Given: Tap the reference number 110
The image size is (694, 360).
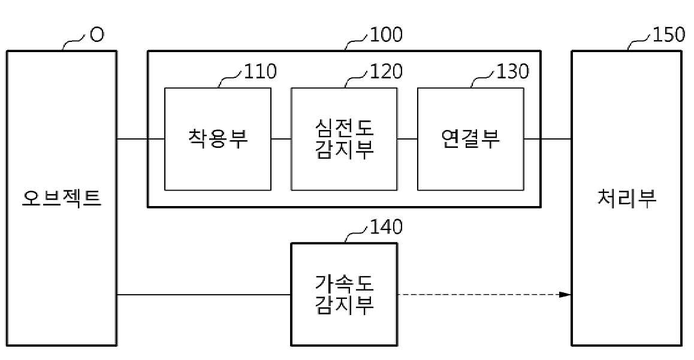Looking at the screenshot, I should coord(261,72).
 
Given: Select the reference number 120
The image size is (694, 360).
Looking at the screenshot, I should coord(387,72).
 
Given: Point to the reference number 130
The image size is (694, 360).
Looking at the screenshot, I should coord(513,72).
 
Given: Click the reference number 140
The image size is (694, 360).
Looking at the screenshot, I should coord(387,227).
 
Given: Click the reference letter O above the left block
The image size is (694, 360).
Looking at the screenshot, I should coord(96,35).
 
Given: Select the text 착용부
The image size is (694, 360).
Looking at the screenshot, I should coord(218,139).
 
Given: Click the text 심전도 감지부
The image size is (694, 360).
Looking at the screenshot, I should coord(344,139).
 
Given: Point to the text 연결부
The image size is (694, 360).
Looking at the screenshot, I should coord(470,139).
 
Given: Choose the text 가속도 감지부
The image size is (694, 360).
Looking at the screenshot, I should coord(344,294).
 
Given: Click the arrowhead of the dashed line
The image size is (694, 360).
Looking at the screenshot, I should coord(565,294).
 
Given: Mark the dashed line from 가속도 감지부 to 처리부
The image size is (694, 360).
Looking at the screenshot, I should coord(479,294).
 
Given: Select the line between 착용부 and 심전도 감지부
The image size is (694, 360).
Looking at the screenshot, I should coord(281,139).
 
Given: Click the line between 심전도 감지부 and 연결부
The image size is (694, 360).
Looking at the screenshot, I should coord(408,139).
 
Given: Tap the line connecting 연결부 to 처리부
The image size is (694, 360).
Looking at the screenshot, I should coord(548,139).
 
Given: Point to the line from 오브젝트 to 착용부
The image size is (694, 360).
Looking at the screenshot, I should coord(140,139).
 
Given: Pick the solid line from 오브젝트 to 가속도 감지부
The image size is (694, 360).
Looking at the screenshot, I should coord(204,294).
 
